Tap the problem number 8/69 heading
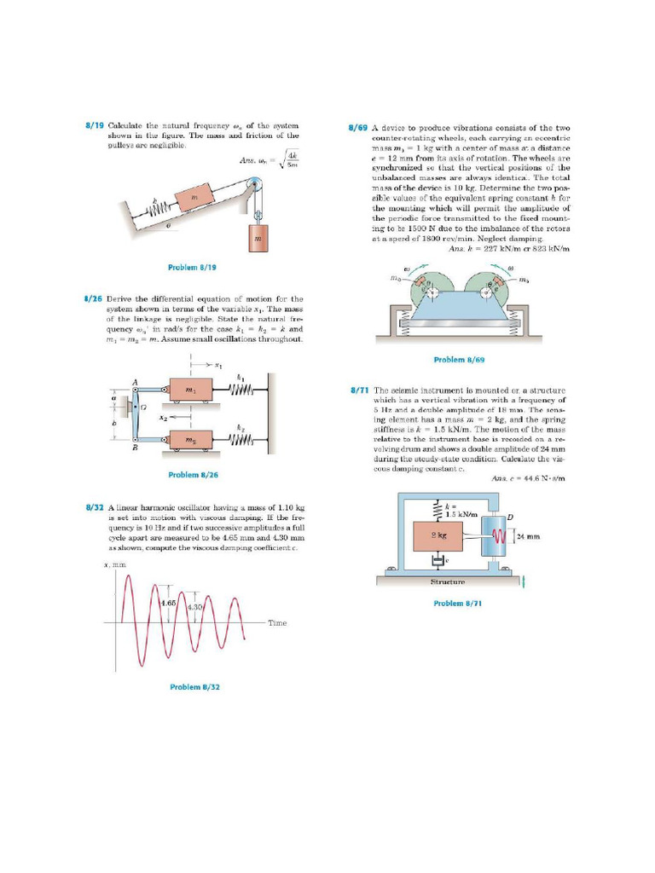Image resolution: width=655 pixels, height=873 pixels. [x=357, y=128]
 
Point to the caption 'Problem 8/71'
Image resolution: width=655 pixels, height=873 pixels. [x=458, y=603]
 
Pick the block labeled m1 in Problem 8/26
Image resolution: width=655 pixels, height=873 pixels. [x=189, y=390]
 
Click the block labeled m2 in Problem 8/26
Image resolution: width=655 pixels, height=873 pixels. [x=189, y=440]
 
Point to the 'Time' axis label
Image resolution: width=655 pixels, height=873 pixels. [x=278, y=623]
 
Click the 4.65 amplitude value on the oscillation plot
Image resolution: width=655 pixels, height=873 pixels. [x=168, y=602]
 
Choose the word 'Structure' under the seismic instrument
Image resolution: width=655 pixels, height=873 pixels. [x=448, y=582]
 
